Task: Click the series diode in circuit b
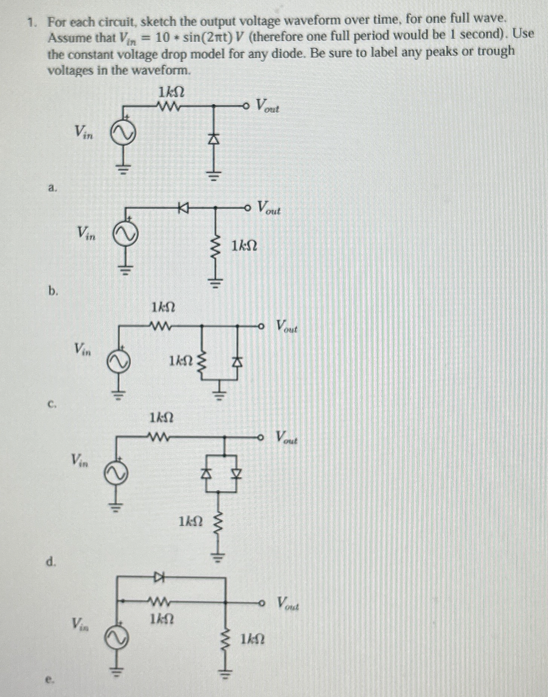click(184, 207)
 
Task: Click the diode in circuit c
click(237, 362)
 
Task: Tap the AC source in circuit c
click(119, 361)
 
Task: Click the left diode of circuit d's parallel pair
click(206, 472)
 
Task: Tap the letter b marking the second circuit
click(53, 290)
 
